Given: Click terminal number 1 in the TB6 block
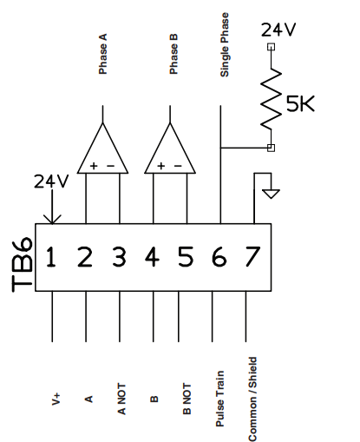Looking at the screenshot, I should pos(52,257).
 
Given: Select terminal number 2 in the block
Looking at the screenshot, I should pos(85,257).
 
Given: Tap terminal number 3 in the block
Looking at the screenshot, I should pos(119,257).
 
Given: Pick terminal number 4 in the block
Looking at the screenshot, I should pos(153,257).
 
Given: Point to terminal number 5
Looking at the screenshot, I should pos(186,257).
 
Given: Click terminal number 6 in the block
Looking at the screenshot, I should pos(219,257).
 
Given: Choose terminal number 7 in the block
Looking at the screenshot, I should pos(252,257).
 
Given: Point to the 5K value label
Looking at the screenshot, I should pos(300,104).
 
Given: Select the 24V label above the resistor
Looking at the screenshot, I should pos(278,30).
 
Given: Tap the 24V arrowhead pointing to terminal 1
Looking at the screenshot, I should pos(52,217).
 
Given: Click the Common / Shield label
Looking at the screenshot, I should pos(252,396).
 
